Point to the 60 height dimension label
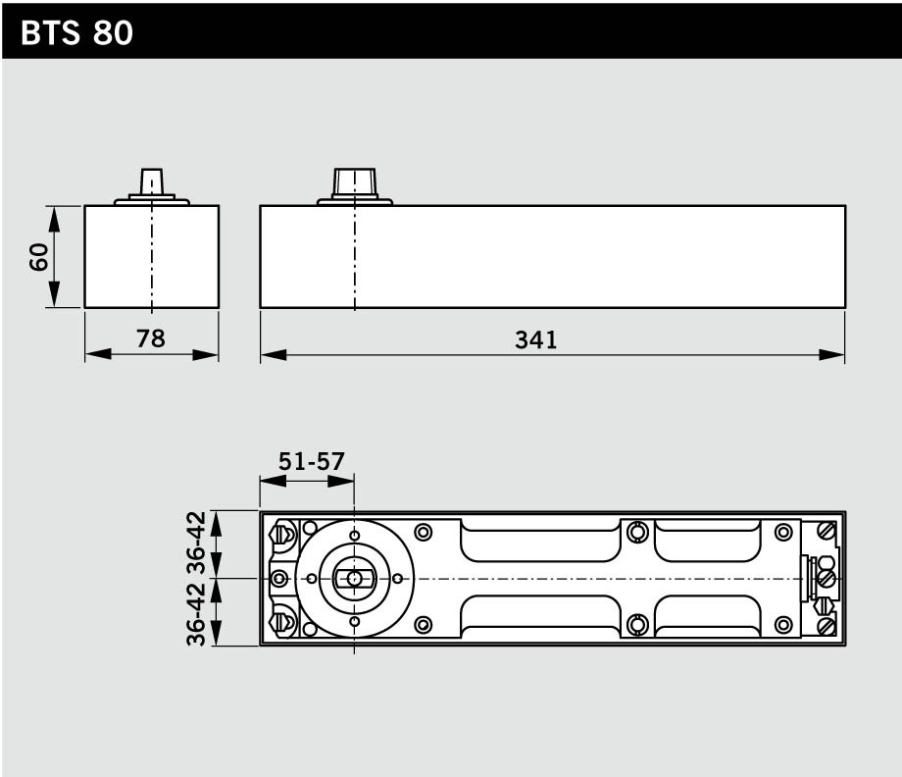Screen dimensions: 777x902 (x=37, y=257)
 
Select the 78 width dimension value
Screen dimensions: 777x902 (x=151, y=338)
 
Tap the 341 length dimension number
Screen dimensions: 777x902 (x=535, y=339)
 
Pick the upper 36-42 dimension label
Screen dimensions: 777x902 (x=196, y=543)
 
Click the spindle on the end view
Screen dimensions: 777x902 (x=151, y=182)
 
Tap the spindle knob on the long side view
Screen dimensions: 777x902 (x=354, y=182)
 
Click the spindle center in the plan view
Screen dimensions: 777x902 (x=354, y=579)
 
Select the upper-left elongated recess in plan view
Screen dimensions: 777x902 (x=539, y=540)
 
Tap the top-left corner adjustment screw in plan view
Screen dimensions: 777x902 (x=285, y=535)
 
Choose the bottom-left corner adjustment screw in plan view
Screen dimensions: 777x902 (x=285, y=621)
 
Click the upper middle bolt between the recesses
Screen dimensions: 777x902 (x=638, y=532)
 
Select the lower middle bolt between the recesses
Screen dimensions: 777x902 (x=638, y=624)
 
